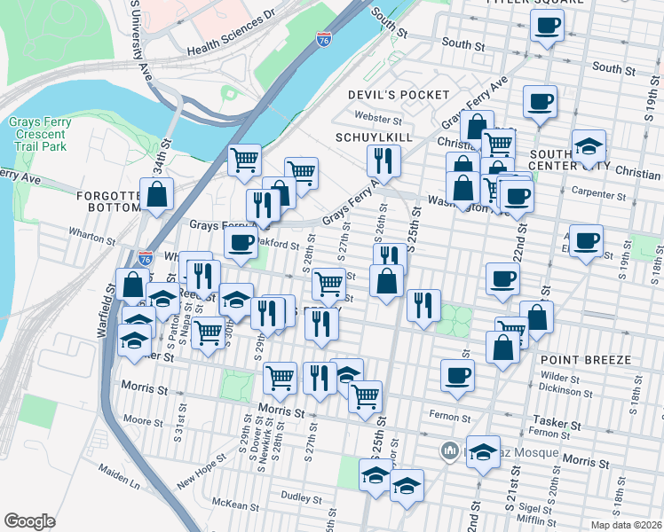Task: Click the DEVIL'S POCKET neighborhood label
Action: pos(399,95)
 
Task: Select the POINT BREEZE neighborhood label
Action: pos(584,360)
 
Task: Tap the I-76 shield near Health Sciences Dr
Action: pos(323,39)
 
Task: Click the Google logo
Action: pos(29,520)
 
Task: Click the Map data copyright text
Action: pos(627,525)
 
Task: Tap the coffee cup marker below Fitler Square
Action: pos(547,25)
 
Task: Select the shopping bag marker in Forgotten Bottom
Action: pos(156,197)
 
